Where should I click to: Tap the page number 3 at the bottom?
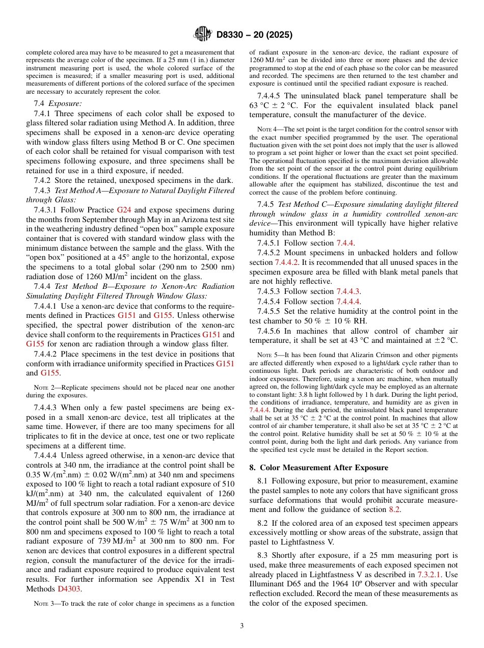point(242,626)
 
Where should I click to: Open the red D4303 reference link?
point(69,588)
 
